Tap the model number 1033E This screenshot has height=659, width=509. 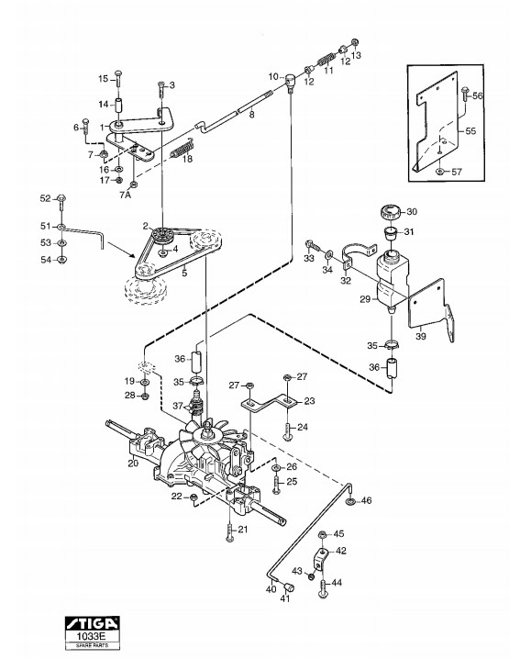92,635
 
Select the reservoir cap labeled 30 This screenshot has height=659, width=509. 391,211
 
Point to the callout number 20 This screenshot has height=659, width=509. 134,464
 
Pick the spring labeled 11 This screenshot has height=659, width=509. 326,59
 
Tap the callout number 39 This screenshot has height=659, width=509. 420,336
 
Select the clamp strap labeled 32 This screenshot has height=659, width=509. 357,255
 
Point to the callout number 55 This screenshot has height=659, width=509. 470,130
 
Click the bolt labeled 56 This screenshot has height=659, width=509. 464,95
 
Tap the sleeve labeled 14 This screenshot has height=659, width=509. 118,105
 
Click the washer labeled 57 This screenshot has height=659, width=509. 439,172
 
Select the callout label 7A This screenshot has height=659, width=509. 125,195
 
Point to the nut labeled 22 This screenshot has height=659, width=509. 194,497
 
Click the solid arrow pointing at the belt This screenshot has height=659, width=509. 121,250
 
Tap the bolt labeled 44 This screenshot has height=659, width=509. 323,587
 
